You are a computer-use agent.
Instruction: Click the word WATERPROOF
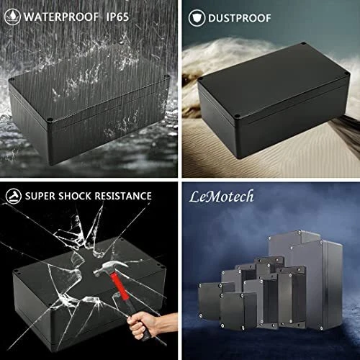[x=61, y=17]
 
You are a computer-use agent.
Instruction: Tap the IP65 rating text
[x=117, y=17]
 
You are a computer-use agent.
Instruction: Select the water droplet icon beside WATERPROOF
[x=12, y=17]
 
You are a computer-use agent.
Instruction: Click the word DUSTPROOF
[x=239, y=18]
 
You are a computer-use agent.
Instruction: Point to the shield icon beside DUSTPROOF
[x=197, y=18]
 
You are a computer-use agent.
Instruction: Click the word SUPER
[x=40, y=196]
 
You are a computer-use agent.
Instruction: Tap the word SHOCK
[x=75, y=196]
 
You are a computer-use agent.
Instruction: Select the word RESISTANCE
[x=123, y=196]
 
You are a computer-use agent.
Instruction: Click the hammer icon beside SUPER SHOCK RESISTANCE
[x=14, y=196]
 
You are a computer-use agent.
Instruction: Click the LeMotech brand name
[x=221, y=197]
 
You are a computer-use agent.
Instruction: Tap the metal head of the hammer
[x=109, y=268]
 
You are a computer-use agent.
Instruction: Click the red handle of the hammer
[x=120, y=286]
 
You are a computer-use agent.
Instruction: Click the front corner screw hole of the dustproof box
[x=237, y=117]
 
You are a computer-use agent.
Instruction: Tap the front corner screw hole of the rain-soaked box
[x=50, y=120]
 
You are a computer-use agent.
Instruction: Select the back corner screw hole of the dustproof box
[x=303, y=44]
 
